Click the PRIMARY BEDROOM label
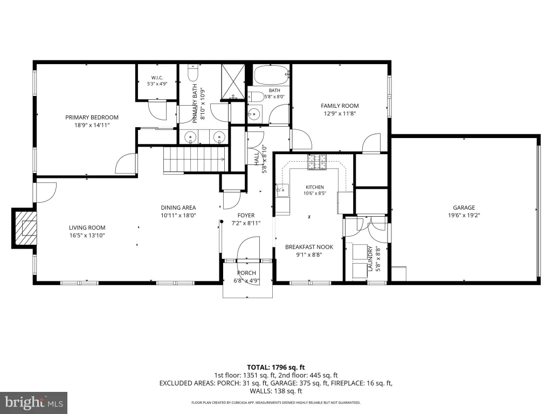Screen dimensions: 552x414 click(x=92, y=117)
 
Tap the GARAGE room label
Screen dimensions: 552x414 click(x=464, y=208)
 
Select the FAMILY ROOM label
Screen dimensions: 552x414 click(x=340, y=106)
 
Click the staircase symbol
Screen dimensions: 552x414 click(x=194, y=159)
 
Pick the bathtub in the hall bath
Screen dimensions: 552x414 click(x=271, y=75)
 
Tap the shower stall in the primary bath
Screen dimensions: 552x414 click(x=233, y=82)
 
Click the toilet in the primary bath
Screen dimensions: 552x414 click(x=193, y=73)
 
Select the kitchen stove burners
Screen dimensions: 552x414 click(x=317, y=162)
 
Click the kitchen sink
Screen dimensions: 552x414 click(x=282, y=190)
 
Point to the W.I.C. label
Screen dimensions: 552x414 click(x=157, y=78)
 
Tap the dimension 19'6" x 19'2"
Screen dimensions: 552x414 click(x=464, y=216)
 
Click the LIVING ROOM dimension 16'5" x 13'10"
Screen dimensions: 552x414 click(x=87, y=236)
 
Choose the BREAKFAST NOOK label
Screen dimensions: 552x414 click(x=309, y=247)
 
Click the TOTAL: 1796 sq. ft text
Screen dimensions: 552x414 click(x=275, y=368)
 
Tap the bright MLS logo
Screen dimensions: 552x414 click(x=34, y=402)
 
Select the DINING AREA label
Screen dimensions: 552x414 click(x=178, y=208)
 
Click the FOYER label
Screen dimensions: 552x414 click(x=246, y=216)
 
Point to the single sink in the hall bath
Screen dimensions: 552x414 click(x=253, y=113)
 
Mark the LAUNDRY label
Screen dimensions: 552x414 click(x=370, y=258)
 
